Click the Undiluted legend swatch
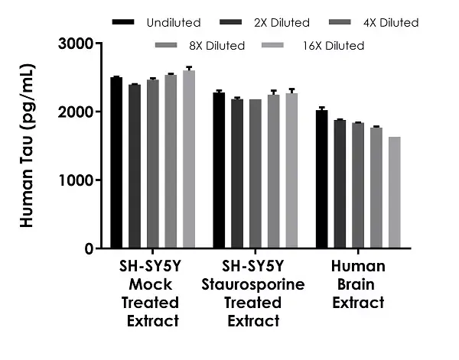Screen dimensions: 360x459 [123, 22]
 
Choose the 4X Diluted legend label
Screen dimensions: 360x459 [390, 23]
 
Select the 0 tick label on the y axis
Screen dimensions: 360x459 [90, 248]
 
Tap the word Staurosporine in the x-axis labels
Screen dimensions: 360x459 [252, 284]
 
